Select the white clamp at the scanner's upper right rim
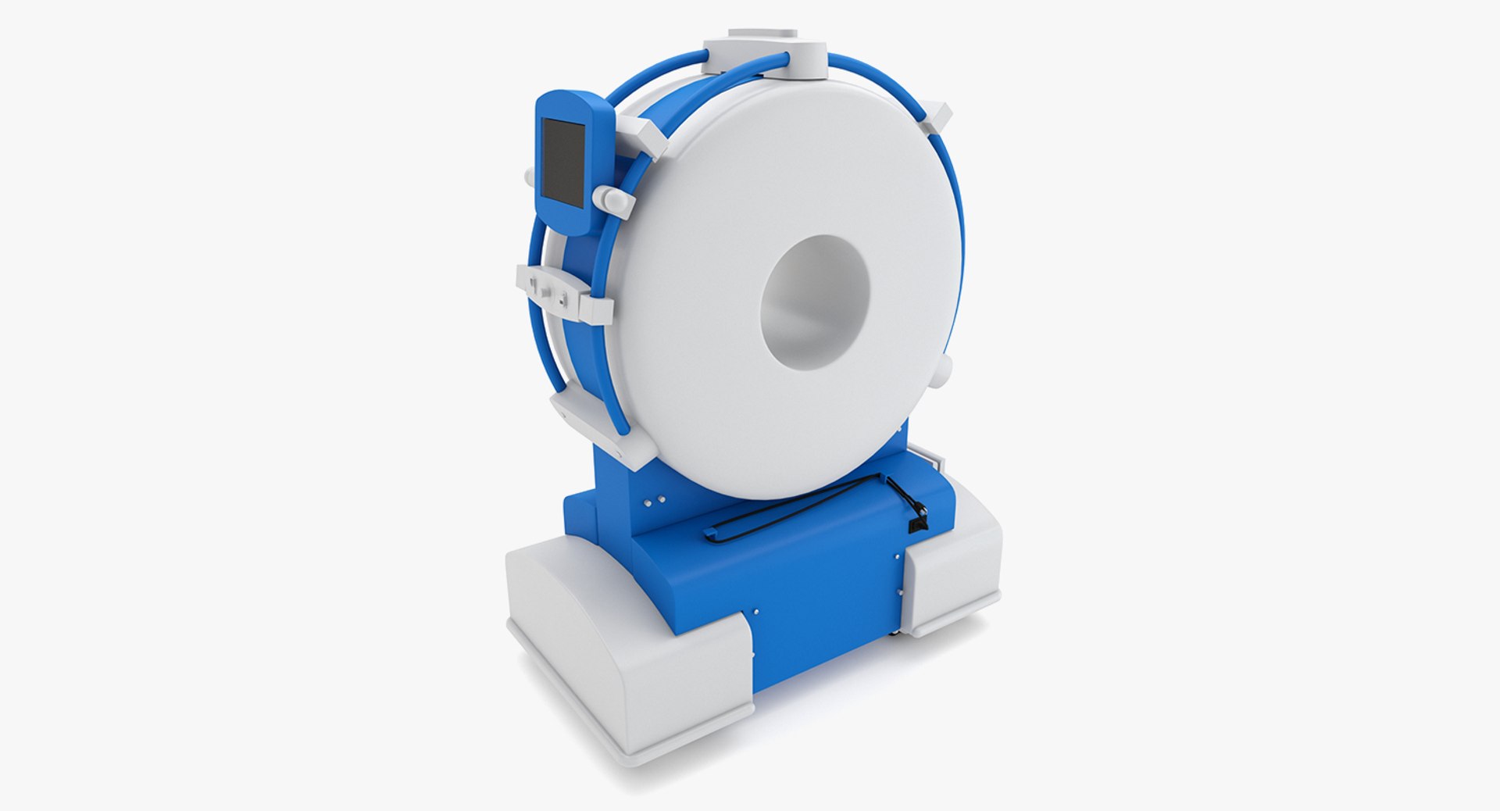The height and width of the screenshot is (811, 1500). click(x=935, y=120)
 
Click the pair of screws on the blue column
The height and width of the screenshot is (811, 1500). click(x=655, y=498)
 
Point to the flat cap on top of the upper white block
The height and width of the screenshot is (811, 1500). click(x=763, y=34)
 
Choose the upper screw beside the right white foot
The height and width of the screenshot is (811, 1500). click(x=897, y=556)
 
